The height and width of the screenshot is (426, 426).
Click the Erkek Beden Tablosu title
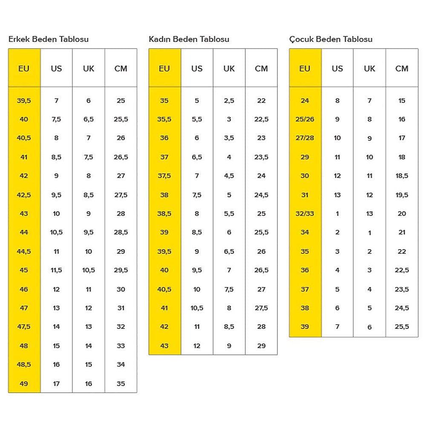[x=49, y=39]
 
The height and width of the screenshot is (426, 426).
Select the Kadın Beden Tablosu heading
[x=189, y=39]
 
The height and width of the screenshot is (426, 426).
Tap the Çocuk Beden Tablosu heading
[x=331, y=39]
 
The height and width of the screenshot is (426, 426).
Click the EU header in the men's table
[x=24, y=68]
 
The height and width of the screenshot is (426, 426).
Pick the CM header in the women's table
[x=261, y=68]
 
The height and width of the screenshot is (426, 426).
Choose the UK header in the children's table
[x=369, y=68]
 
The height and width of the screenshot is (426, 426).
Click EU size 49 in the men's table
[x=24, y=383]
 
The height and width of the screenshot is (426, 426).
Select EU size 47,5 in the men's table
[x=24, y=327]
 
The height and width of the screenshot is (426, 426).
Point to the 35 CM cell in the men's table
[x=121, y=383]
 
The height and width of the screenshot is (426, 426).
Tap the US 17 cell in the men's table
[x=56, y=383]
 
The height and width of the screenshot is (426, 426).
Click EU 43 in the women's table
[x=164, y=346]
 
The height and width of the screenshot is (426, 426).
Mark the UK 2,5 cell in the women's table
[x=229, y=101]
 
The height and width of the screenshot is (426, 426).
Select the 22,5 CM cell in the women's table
[x=261, y=119]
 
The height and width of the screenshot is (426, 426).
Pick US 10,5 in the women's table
[x=197, y=308]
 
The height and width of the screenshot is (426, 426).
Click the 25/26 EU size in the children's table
[x=305, y=119]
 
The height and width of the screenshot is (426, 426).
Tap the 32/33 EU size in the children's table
[x=305, y=213]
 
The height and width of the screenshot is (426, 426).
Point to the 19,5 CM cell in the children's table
[x=402, y=195]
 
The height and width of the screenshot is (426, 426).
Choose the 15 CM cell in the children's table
[x=402, y=101]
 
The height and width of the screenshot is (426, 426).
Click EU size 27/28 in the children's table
[x=305, y=138]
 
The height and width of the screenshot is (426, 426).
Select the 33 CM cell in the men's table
[x=121, y=346]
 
